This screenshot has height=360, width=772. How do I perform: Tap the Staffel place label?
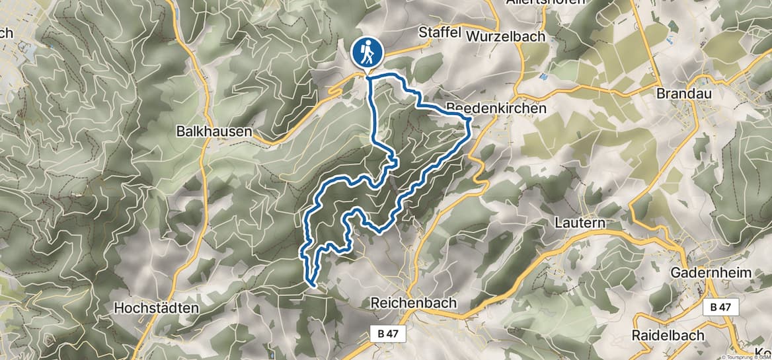(439, 33)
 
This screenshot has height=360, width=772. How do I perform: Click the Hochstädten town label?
(156, 308)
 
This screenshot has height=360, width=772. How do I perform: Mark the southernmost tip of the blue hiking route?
(311, 285)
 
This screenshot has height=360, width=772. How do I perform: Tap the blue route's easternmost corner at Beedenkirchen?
(469, 120)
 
